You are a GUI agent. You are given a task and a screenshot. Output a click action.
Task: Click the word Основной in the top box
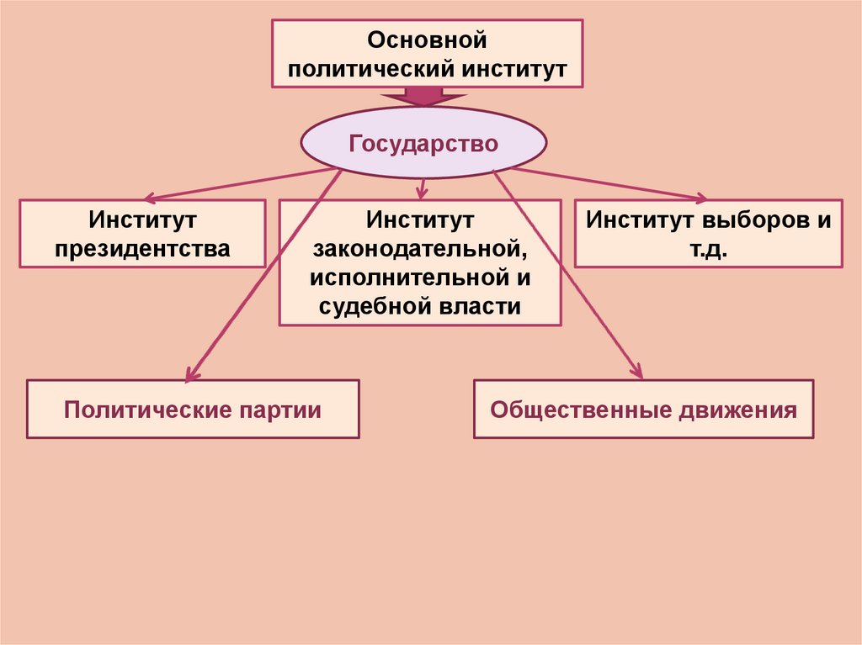[x=427, y=40]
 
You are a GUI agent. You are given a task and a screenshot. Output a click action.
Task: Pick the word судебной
[x=377, y=306]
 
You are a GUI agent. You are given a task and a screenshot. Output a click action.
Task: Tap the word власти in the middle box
[x=481, y=306]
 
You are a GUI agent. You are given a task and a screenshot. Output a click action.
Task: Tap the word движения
[x=735, y=410]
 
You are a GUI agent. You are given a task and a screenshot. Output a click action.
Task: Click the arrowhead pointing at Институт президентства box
[x=150, y=199]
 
